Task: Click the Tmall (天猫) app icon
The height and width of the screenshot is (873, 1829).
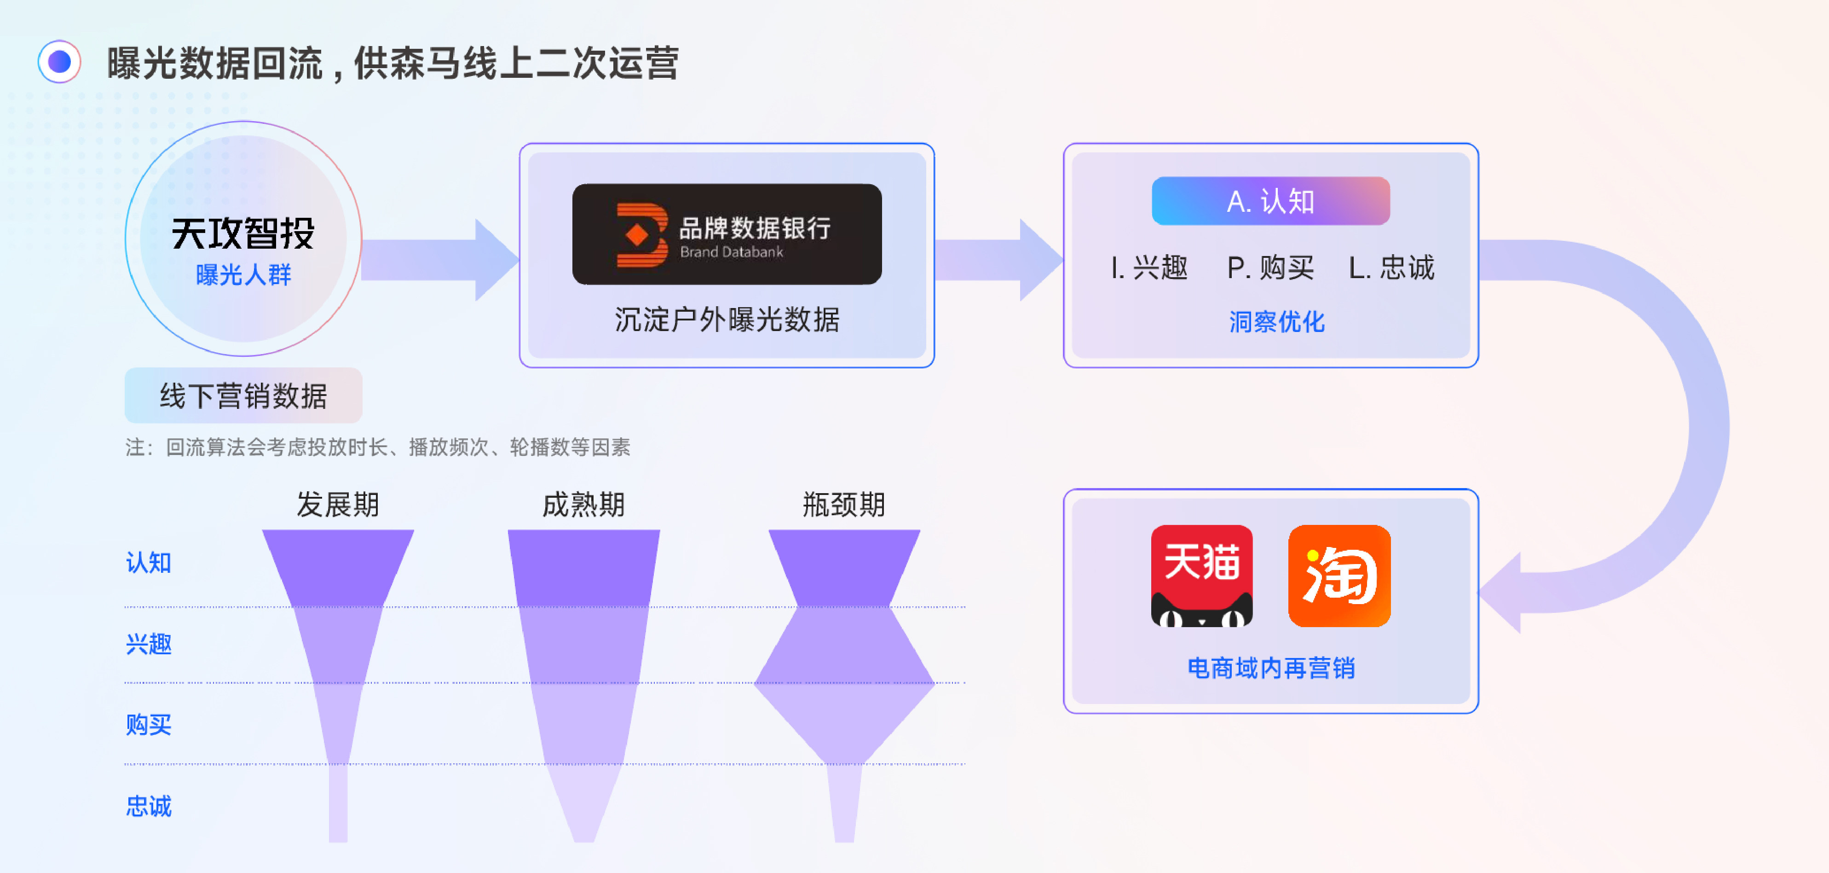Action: pos(1201,576)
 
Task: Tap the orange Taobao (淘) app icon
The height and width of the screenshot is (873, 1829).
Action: pos(1339,576)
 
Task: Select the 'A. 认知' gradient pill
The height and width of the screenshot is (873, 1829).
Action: pos(1270,201)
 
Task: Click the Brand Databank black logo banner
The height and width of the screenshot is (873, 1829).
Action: pos(727,234)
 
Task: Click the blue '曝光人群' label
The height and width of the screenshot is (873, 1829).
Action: pos(243,275)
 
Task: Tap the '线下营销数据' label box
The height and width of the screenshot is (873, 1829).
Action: pos(243,396)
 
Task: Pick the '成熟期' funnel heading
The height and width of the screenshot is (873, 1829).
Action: pos(583,504)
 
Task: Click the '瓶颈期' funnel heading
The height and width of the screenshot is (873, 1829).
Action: pos(843,504)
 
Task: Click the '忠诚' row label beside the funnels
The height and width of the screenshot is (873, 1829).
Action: pos(149,806)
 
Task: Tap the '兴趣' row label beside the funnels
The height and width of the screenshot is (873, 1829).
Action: pos(149,644)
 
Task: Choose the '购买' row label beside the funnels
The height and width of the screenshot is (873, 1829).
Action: pos(149,725)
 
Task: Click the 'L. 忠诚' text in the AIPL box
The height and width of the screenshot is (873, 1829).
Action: pos(1391,268)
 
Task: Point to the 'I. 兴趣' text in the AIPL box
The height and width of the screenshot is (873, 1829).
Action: pos(1149,268)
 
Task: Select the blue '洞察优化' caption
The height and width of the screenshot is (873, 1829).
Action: pos(1276,322)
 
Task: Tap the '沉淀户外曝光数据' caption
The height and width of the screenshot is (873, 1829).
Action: pos(727,320)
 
